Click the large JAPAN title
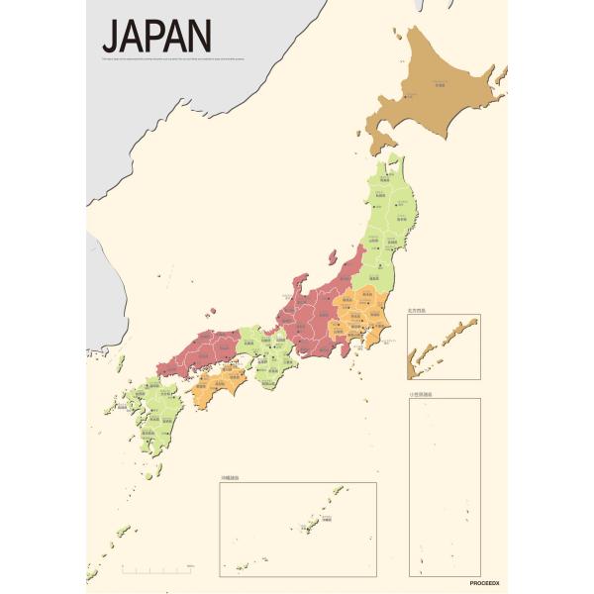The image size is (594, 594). pyautogui.click(x=156, y=36)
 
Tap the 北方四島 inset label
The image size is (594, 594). pyautogui.click(x=420, y=311)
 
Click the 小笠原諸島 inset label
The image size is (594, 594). pyautogui.click(x=422, y=394)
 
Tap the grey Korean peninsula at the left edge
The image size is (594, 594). pyautogui.click(x=96, y=287)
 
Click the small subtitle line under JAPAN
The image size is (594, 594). pyautogui.click(x=198, y=58)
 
